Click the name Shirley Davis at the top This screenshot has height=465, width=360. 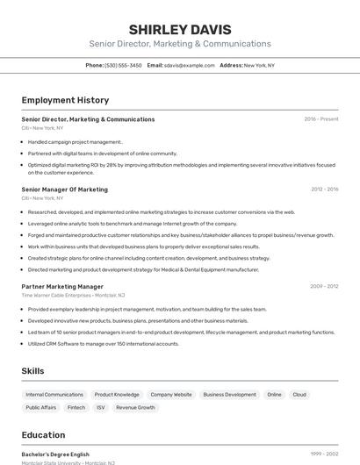[x=180, y=29]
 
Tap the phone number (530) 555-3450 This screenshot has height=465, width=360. [x=123, y=65]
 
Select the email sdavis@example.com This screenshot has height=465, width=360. [x=189, y=65]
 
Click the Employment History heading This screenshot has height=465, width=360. [x=65, y=100]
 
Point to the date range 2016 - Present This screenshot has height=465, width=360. [x=321, y=119]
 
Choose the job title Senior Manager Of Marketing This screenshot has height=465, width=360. [x=64, y=190]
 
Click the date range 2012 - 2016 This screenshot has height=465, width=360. [x=324, y=190]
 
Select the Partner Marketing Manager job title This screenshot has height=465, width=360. [x=62, y=286]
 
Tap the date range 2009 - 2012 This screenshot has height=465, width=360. [x=324, y=286]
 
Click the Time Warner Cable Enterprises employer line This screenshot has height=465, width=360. [x=73, y=296]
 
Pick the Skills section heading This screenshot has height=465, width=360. [x=32, y=371]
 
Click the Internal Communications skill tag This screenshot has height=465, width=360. [x=54, y=395]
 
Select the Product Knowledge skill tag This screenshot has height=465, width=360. [x=117, y=395]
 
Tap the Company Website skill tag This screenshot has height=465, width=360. [x=171, y=395]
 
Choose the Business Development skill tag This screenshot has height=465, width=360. [x=230, y=395]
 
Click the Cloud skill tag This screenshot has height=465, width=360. [x=299, y=395]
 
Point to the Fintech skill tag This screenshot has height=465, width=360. [x=76, y=408]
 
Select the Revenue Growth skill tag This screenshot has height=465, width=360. [x=135, y=408]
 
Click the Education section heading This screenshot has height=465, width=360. [x=43, y=435]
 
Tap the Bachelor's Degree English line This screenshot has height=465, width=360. [x=55, y=454]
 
